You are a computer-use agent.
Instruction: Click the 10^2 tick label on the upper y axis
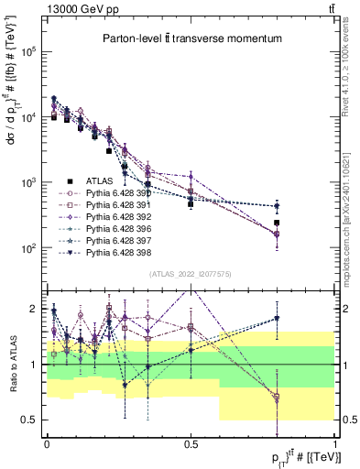click(x=29, y=248)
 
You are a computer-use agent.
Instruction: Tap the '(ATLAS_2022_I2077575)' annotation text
click(x=191, y=276)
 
